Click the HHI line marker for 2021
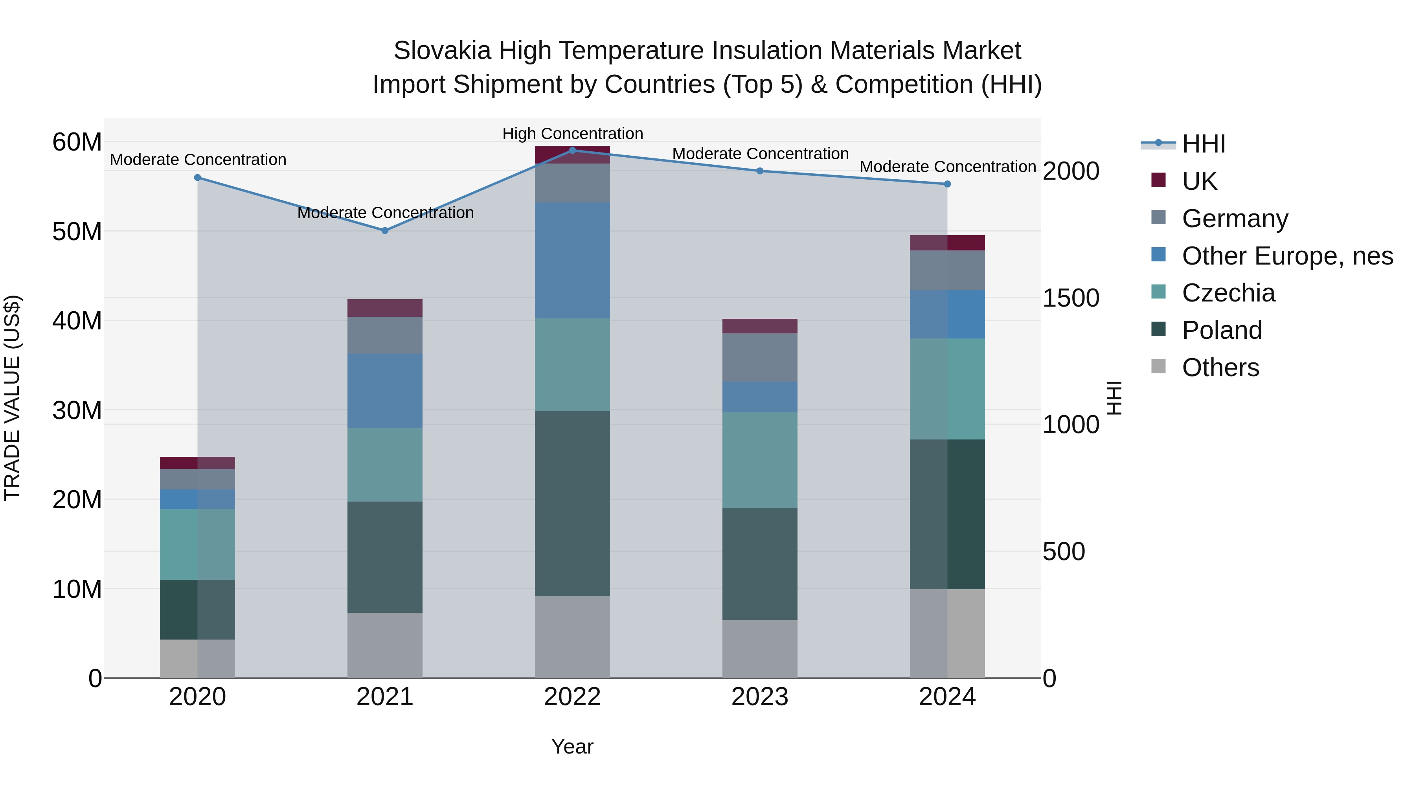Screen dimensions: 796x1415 tap(385, 231)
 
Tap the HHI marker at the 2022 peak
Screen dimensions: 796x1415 tap(572, 151)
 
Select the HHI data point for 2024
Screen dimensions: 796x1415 tap(947, 184)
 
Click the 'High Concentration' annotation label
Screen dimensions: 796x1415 tap(572, 134)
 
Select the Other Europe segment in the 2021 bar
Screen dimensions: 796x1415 tap(385, 391)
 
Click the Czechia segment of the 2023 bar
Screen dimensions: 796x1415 tap(760, 460)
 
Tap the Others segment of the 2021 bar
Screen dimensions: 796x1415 tap(385, 645)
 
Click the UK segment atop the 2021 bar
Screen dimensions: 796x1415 tap(385, 308)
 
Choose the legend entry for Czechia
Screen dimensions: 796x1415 tap(1228, 293)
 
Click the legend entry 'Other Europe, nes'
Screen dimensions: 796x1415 tap(1287, 256)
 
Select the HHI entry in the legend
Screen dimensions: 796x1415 tap(1203, 144)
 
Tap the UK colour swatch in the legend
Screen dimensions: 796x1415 tap(1158, 180)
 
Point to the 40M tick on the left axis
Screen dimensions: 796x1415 tap(77, 321)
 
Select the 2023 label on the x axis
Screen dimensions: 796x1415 tap(760, 697)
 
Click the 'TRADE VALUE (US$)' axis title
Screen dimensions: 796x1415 tap(12, 398)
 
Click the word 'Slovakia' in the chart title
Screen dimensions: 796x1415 tap(442, 51)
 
